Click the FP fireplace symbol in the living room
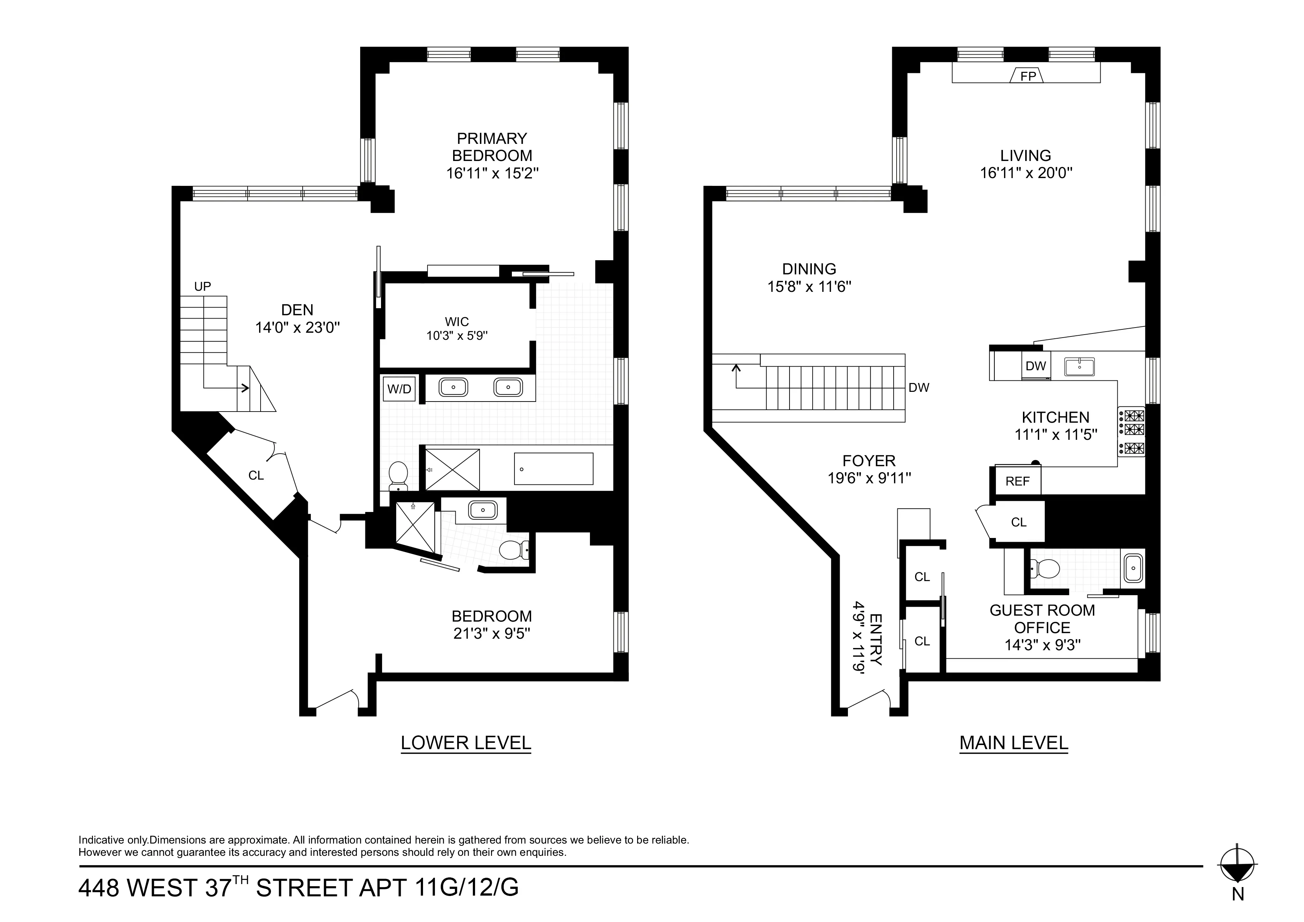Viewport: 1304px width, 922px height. pos(1027,75)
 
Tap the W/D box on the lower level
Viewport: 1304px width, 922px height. pos(399,389)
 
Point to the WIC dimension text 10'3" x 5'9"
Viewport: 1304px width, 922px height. pos(457,336)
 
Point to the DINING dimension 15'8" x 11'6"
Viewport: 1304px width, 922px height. pos(809,286)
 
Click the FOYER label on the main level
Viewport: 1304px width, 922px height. pos(869,461)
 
